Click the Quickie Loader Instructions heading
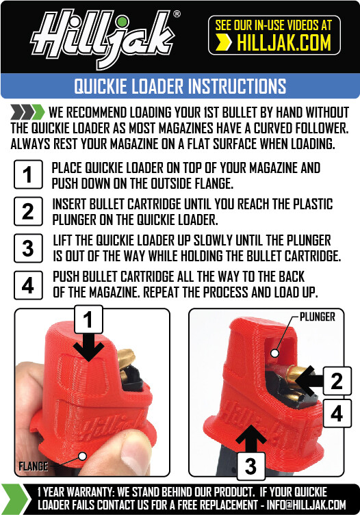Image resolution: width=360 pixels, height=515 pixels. click(x=179, y=86)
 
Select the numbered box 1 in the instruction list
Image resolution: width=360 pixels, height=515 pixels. click(x=27, y=174)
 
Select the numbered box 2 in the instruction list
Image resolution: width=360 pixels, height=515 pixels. click(x=27, y=211)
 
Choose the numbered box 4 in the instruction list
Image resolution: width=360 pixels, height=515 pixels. click(x=27, y=284)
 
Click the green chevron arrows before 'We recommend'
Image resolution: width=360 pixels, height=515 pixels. click(x=27, y=112)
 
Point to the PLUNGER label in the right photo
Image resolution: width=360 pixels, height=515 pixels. click(x=317, y=317)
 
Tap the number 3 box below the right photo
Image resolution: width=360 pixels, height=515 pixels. click(x=251, y=467)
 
